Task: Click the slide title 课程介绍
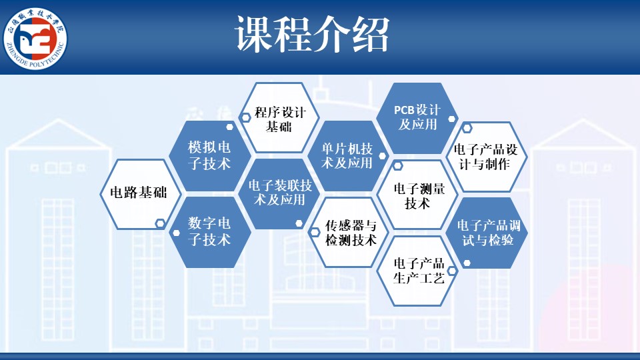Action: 312,35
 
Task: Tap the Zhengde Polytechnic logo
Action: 35,39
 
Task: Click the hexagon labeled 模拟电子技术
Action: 210,155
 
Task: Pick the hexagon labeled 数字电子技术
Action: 210,232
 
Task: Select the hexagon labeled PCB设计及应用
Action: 417,118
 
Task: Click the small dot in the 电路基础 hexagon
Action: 160,223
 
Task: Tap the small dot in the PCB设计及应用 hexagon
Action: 451,119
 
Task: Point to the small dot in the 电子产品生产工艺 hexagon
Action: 452,271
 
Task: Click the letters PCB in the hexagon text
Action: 404,111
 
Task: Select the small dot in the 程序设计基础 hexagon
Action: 245,118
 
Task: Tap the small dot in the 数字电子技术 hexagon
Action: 176,233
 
